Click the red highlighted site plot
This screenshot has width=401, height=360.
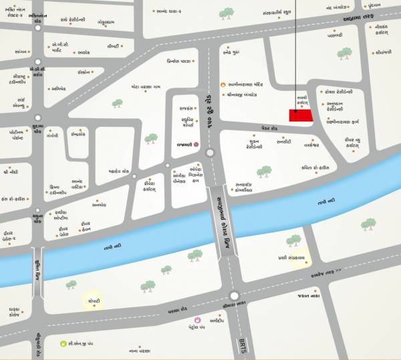coord(301,115)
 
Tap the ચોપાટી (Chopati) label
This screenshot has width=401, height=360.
coord(92,301)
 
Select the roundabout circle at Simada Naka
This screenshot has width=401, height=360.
coord(233,296)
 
